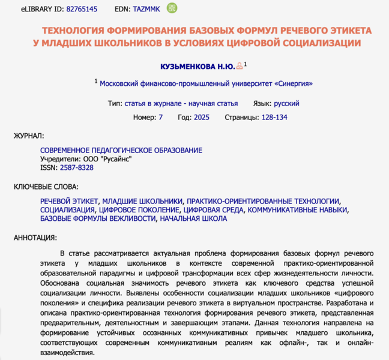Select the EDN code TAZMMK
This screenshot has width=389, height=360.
point(146,9)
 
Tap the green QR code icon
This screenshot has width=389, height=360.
point(172,8)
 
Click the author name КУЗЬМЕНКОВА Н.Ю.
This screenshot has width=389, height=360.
point(198,66)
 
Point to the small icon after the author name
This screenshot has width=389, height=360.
point(240,66)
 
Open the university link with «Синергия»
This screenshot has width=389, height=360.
point(206,84)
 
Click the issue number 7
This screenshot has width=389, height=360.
point(160,117)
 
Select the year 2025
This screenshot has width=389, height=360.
point(202,117)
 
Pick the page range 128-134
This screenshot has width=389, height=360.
point(274,117)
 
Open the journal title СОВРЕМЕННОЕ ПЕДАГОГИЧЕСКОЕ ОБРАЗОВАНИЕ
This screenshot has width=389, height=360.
point(121,150)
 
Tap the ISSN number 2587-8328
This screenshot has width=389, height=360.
point(77,167)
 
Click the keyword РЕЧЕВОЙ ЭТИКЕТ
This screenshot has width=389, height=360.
point(68,202)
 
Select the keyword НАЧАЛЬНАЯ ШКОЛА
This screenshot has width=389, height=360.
point(193,218)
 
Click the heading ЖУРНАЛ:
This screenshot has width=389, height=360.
point(29,136)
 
